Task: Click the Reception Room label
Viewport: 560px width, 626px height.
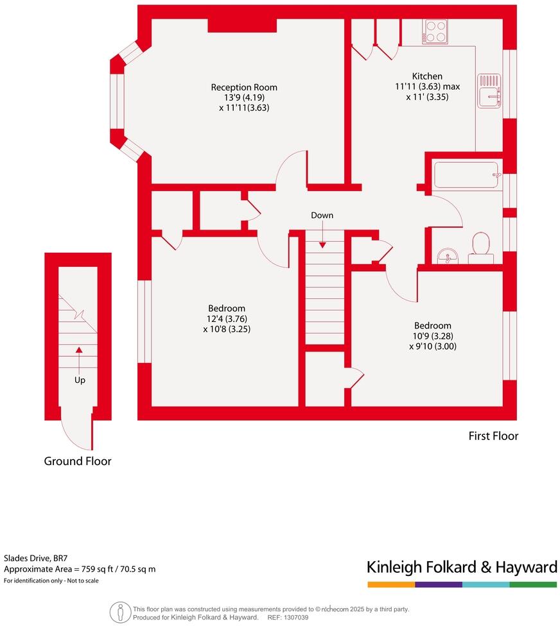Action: coord(244,87)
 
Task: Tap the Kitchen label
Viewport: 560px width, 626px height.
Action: coord(427,76)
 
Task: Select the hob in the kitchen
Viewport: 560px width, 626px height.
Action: coord(435,31)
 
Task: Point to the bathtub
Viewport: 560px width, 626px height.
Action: coord(467,174)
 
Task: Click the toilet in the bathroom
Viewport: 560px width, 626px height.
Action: coord(480,248)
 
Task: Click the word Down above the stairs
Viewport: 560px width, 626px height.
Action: coord(322,216)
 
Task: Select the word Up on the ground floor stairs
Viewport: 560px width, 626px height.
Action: coord(80,380)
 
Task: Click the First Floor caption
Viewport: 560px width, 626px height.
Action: coord(493,436)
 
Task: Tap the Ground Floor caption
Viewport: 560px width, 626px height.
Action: coord(77,461)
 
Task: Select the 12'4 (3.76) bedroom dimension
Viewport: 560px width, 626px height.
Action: coord(227,319)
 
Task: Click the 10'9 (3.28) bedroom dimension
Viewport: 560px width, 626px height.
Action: coord(432,336)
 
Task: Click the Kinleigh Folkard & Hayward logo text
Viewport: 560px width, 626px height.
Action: coord(461,567)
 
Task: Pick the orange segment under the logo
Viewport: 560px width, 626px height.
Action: coord(390,584)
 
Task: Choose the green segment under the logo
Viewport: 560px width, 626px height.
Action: coord(533,584)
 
